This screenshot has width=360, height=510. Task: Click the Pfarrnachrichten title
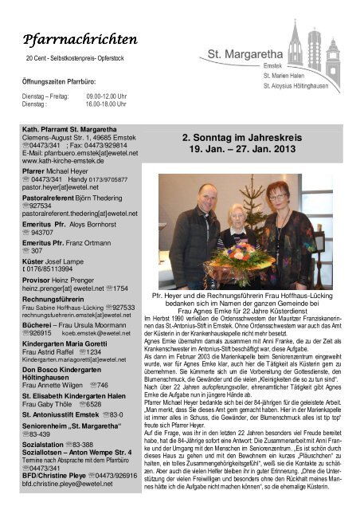80,39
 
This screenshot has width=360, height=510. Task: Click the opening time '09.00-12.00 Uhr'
108,96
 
